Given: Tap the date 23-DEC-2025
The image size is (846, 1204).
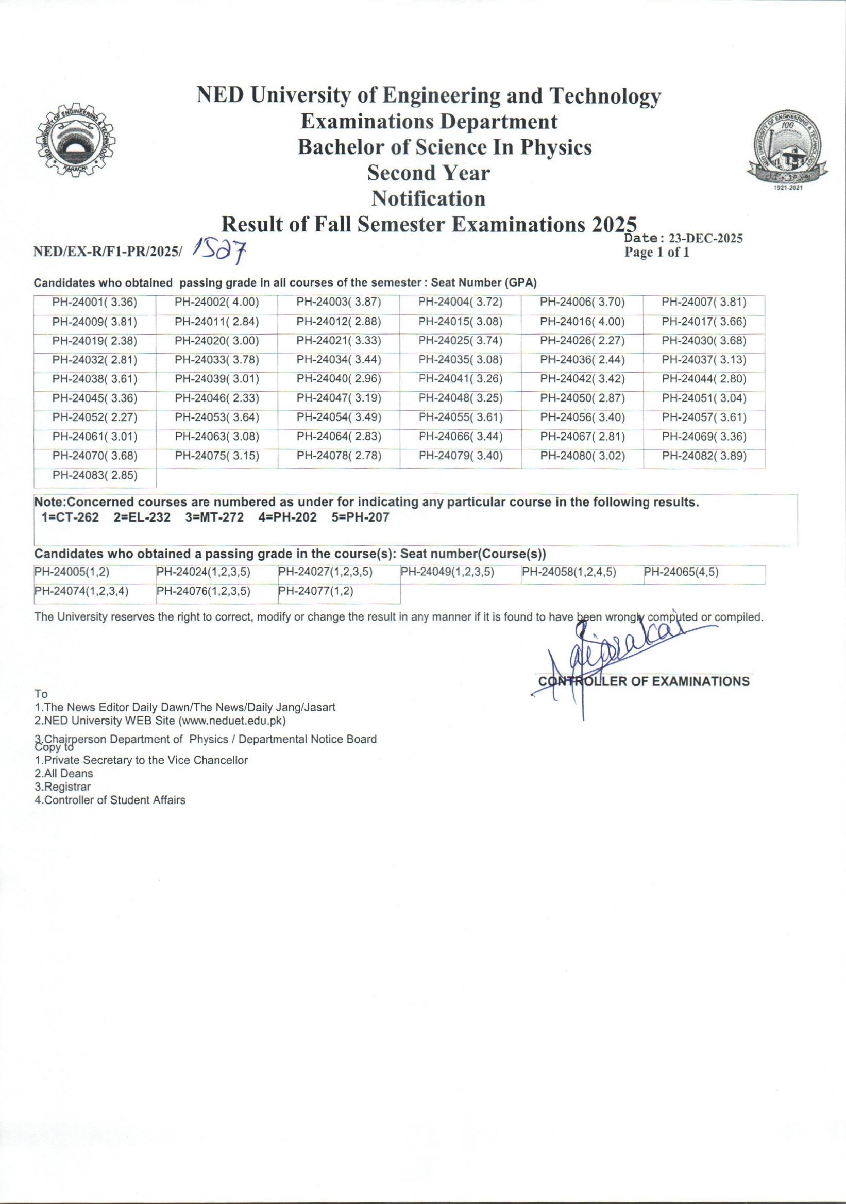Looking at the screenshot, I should [705, 238].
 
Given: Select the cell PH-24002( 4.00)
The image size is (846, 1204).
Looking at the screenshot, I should [217, 302].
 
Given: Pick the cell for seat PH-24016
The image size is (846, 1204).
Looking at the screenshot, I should [582, 322].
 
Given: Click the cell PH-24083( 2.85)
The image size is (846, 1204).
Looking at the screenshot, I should [95, 475].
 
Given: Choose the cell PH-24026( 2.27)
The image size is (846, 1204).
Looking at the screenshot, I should [582, 341].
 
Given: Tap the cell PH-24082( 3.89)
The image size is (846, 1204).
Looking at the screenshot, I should [704, 456].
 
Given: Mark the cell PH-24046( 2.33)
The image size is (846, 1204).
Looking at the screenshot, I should [217, 398].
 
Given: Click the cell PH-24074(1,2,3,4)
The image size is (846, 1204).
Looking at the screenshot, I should [81, 592].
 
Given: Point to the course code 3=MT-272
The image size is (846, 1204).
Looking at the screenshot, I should [214, 517].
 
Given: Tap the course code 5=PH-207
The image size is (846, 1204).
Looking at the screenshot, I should [360, 517].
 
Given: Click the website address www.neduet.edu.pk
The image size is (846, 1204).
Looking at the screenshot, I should [232, 721].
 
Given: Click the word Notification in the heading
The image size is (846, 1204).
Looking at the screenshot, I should [428, 199].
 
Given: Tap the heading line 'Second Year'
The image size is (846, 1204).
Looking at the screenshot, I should [428, 173].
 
